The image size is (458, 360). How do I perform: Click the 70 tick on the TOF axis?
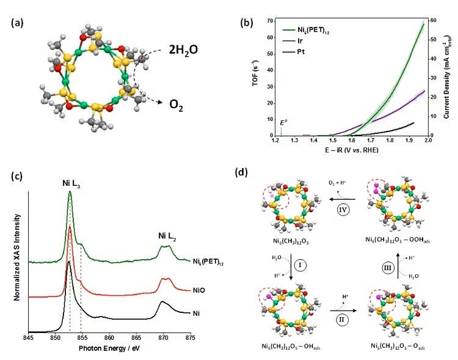pyautogui.click(x=269, y=21)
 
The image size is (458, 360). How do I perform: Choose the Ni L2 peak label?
pyautogui.click(x=165, y=232)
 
